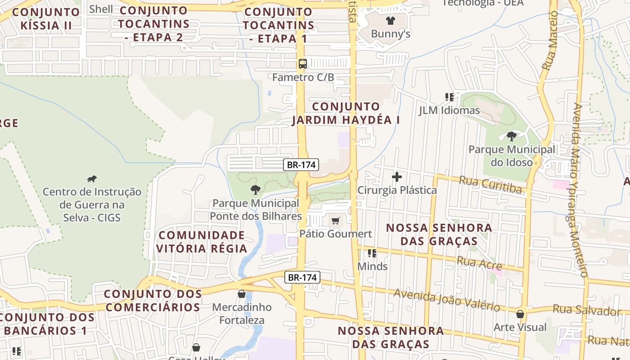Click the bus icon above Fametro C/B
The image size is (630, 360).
click(303, 64)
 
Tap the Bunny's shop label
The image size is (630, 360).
click(390, 34)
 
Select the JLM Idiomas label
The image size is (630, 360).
click(449, 110)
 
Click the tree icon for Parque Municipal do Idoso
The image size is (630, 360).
click(511, 136)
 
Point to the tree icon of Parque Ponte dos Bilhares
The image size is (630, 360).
click(255, 189)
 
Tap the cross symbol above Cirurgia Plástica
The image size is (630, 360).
click(396, 177)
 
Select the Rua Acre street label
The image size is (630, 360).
click(479, 262)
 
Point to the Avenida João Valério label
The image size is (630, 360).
click(446, 300)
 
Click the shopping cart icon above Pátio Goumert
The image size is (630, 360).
click(335, 221)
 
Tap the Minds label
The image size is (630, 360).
click(372, 266)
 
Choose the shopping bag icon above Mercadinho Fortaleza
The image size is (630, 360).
click(242, 294)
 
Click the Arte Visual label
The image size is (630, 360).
click(520, 327)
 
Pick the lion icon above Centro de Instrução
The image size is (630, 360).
click(92, 179)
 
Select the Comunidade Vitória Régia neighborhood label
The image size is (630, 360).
click(202, 242)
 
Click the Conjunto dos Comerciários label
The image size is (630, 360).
click(153, 301)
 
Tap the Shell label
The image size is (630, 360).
click(101, 9)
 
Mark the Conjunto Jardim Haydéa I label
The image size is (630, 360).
click(346, 113)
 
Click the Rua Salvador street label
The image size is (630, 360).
click(586, 310)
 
